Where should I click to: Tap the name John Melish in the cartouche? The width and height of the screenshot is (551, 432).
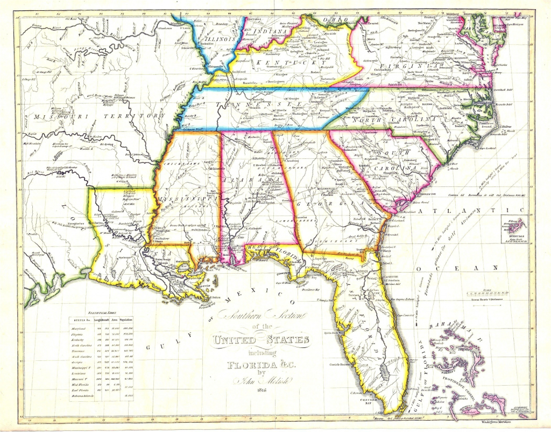pos(262,380)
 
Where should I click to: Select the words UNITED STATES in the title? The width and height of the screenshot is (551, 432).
pos(262,340)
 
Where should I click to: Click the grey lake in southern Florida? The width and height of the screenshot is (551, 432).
pos(383,371)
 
